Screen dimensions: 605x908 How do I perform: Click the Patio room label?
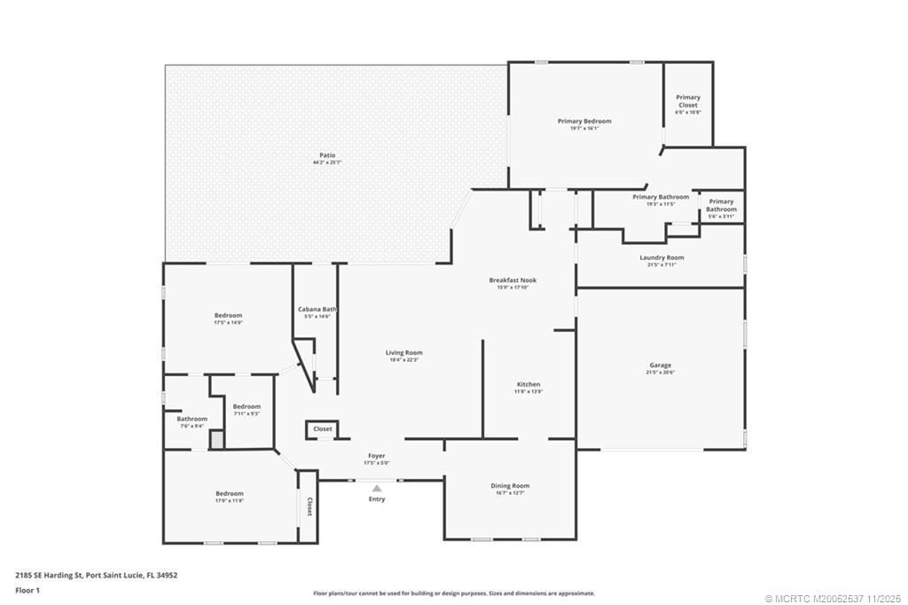coord(326,155)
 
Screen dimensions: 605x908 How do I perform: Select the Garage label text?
coord(660,365)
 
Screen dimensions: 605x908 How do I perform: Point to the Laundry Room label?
coord(661,258)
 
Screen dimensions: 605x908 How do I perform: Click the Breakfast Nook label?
coord(513,280)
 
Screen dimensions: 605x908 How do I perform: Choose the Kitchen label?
coord(528,384)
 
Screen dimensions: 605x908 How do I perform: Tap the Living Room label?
coord(403,352)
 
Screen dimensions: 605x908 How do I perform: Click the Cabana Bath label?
coord(317,309)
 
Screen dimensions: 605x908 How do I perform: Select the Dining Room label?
coord(510,486)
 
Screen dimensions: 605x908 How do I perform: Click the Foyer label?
coord(377,456)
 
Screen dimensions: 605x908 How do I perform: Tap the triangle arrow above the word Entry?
coord(377,488)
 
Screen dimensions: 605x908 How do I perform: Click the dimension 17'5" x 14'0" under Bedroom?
coord(228,323)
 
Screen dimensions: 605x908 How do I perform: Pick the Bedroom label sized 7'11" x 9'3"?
coord(247,406)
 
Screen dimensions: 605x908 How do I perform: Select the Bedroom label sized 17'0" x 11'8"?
coord(229,493)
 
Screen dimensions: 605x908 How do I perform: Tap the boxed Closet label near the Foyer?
coord(323,429)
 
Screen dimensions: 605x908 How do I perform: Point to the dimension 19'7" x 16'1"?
coord(584,129)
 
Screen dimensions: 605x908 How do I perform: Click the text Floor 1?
coord(31,589)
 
